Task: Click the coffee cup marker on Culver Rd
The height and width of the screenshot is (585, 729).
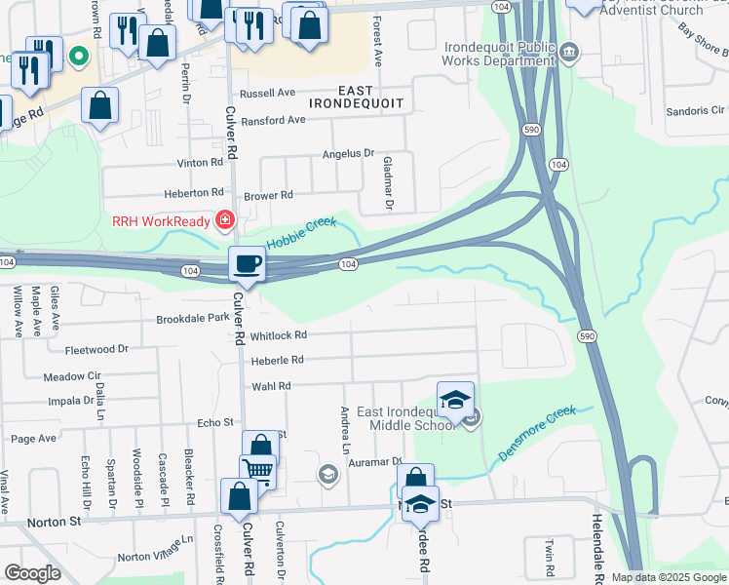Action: (x=248, y=263)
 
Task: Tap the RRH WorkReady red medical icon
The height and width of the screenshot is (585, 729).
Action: (x=225, y=221)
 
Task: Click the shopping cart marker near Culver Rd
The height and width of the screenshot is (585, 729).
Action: (x=259, y=471)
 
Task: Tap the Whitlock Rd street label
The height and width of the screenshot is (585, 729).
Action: (x=278, y=335)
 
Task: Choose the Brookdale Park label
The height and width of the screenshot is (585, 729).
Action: (x=192, y=319)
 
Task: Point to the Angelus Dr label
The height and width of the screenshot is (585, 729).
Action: (x=349, y=154)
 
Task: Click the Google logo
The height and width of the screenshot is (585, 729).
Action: (x=32, y=573)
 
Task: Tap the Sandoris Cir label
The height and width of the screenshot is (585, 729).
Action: (x=695, y=111)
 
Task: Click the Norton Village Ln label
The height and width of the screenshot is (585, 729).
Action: (x=155, y=548)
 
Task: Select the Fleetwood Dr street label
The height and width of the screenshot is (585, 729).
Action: (x=96, y=349)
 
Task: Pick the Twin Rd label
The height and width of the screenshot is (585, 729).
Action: (x=550, y=557)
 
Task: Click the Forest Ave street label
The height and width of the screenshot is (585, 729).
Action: (x=379, y=45)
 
